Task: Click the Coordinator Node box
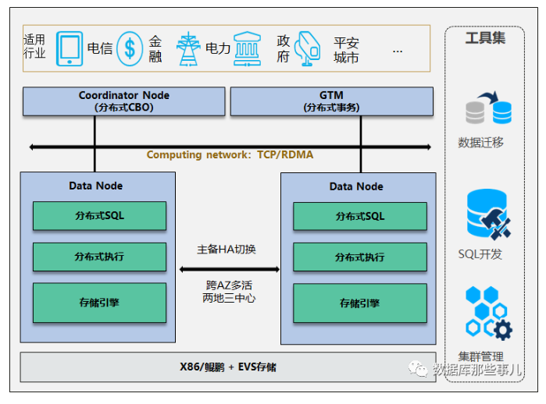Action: [123, 101]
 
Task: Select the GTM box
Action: [331, 101]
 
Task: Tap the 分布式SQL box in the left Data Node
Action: [99, 215]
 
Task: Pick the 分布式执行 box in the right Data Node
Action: [360, 257]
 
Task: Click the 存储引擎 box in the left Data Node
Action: [99, 303]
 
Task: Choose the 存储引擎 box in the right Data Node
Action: [360, 303]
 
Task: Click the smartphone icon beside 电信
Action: [70, 48]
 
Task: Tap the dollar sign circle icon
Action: [130, 48]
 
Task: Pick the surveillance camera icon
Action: [308, 48]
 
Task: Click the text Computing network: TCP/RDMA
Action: [230, 154]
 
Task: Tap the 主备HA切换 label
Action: [227, 250]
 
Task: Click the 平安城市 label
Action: [346, 50]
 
